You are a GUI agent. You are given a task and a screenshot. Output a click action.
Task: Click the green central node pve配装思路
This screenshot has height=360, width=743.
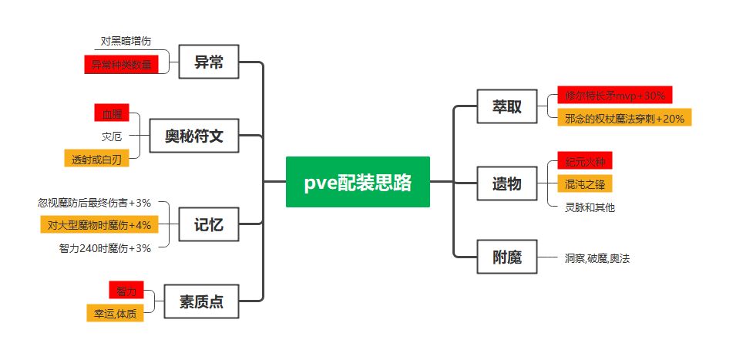357,182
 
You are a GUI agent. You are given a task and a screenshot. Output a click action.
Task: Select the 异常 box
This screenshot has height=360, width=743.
208,62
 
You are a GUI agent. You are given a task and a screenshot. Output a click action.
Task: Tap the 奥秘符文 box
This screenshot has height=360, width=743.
193,136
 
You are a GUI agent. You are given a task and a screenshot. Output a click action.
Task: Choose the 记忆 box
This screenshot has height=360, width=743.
208,224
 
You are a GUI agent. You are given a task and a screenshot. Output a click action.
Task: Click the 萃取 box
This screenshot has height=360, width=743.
506,106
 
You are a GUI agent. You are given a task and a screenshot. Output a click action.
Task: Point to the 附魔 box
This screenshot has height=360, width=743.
506,257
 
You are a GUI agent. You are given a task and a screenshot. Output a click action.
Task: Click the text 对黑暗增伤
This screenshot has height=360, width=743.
126,41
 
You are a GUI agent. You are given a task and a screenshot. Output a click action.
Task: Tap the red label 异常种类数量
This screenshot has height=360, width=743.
122,64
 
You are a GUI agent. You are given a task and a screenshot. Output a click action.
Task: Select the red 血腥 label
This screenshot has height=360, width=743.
113,113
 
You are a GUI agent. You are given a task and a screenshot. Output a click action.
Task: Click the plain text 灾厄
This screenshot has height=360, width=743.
113,136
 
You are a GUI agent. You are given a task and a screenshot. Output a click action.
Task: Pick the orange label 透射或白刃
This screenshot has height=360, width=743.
96,159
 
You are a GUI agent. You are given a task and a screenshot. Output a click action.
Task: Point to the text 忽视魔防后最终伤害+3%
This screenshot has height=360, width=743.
94,203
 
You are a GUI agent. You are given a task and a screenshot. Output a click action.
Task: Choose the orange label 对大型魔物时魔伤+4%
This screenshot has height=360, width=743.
99,224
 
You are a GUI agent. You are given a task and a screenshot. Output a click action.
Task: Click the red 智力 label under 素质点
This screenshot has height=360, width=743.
126,291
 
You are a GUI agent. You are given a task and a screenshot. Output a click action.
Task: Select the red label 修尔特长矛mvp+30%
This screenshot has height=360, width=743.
614,96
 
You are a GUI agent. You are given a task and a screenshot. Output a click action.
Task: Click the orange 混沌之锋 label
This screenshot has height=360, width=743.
584,184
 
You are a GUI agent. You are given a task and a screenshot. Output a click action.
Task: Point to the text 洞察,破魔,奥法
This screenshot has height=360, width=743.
597,258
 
